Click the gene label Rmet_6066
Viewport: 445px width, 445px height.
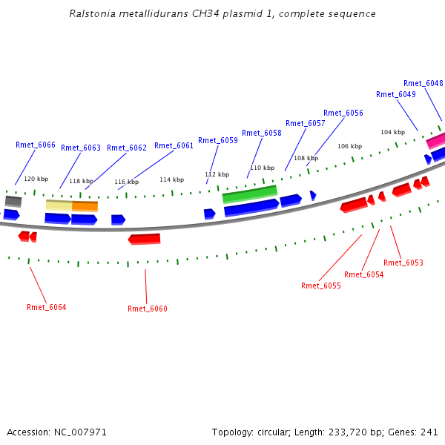click(36, 145)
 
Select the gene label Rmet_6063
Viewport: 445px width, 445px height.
click(81, 148)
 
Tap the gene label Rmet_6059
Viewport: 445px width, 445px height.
click(218, 140)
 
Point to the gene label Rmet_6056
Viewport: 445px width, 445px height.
click(343, 113)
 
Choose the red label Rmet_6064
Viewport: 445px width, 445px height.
click(47, 307)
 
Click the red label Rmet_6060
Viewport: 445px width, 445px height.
click(148, 309)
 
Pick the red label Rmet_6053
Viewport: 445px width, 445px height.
click(403, 263)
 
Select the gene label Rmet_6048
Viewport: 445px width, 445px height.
click(423, 83)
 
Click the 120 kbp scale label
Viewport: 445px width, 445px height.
click(36, 179)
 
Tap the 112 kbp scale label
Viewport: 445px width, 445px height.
click(217, 174)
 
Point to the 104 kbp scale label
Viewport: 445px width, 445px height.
click(393, 132)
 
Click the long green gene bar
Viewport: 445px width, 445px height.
click(250, 194)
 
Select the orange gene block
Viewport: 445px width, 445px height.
click(85, 205)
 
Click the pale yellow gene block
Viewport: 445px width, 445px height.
click(59, 205)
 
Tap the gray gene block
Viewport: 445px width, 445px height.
click(13, 201)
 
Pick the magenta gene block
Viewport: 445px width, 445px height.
click(435, 139)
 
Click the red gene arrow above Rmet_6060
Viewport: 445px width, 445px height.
click(144, 239)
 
